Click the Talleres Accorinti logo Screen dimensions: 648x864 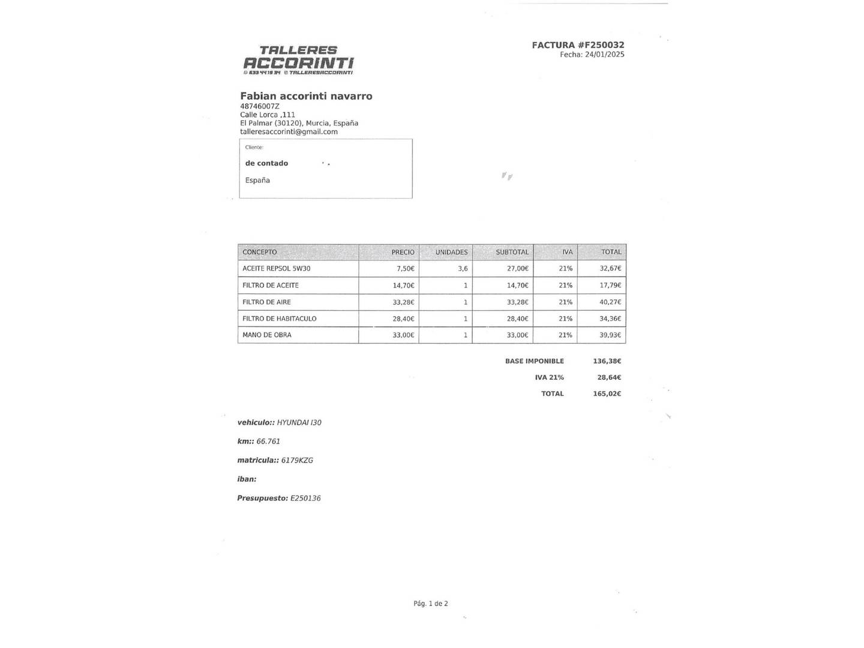(298, 60)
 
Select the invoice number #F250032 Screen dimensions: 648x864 (601, 45)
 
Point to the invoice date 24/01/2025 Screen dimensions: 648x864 (604, 55)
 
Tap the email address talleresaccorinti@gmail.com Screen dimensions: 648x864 (289, 132)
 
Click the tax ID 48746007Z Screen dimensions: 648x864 (260, 106)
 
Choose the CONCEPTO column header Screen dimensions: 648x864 (260, 252)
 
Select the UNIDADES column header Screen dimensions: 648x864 (451, 252)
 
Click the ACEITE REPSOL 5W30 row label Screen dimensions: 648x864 (277, 269)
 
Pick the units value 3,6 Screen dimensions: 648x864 (463, 269)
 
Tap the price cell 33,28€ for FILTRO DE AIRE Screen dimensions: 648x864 (403, 302)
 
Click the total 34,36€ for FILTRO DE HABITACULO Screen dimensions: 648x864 (610, 319)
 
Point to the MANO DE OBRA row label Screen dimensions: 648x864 (267, 335)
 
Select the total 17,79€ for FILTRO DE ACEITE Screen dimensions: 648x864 (610, 286)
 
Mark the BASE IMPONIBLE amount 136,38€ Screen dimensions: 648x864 (607, 361)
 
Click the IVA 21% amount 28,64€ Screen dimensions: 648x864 (609, 377)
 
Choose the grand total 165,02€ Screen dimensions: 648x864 (607, 394)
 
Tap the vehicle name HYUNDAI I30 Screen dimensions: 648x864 (299, 422)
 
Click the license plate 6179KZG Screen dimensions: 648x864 (297, 460)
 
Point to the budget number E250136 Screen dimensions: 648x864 (305, 498)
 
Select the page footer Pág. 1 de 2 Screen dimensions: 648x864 (431, 604)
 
